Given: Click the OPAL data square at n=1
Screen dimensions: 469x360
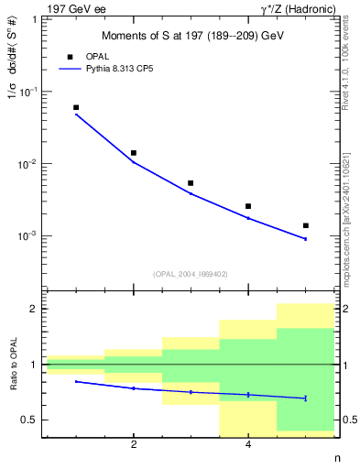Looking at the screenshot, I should point(76,107).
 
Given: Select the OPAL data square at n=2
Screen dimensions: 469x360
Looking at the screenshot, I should point(134,153).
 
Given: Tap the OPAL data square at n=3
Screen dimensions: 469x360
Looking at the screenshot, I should point(191,183).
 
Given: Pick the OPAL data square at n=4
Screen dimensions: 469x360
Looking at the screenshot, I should point(248,206).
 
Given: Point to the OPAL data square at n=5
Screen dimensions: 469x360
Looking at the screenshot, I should point(305,225).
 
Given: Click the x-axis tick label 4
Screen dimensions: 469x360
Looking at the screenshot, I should point(248,444).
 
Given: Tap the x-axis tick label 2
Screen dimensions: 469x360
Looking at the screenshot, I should point(134,444).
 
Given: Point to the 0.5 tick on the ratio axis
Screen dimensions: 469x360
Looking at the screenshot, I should point(27,420).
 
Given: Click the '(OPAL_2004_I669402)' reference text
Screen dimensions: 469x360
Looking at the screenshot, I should point(191,273).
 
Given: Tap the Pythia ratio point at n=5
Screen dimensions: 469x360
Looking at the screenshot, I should point(305,398).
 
